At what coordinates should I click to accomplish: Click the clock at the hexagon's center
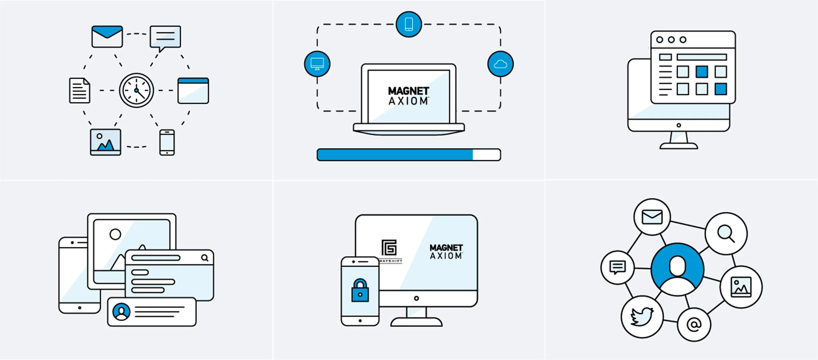click(136, 90)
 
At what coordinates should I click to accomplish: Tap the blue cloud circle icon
click(500, 64)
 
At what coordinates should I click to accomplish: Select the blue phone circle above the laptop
click(409, 24)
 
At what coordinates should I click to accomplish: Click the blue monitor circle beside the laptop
click(317, 64)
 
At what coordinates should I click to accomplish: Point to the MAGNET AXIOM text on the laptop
click(408, 96)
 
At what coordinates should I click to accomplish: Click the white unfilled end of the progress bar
click(486, 155)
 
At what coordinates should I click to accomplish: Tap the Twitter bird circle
click(642, 316)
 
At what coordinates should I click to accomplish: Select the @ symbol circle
click(694, 325)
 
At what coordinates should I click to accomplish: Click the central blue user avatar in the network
click(677, 269)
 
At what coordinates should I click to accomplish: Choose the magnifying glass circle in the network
click(726, 234)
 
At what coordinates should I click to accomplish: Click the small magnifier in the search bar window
click(205, 258)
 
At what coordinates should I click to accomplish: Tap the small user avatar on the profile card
click(121, 312)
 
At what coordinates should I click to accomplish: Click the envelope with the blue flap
click(107, 37)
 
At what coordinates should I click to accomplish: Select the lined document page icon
click(80, 90)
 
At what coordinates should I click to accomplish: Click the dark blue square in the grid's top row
click(702, 72)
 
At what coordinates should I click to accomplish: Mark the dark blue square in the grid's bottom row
click(721, 89)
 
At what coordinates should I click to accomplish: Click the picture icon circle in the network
click(741, 287)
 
